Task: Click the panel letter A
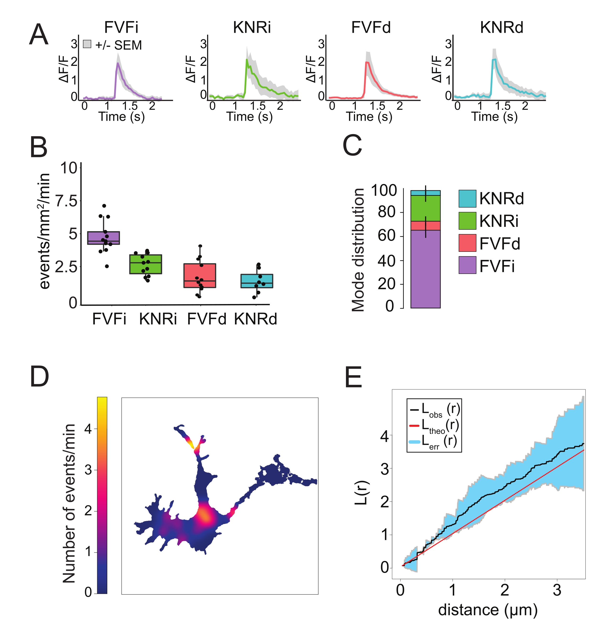[x=38, y=35]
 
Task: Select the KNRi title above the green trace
[x=252, y=27]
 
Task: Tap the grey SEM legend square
[x=87, y=44]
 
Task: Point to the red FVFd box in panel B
[x=200, y=275]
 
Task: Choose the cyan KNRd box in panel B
[x=257, y=281]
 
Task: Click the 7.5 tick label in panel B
[x=67, y=201]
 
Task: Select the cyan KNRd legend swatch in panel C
[x=467, y=198]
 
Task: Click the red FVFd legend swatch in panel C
[x=467, y=243]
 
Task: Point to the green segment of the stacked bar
[x=425, y=208]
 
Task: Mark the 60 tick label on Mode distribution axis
[x=387, y=235]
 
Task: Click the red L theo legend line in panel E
[x=414, y=426]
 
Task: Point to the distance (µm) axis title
[x=488, y=610]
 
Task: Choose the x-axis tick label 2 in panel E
[x=505, y=590]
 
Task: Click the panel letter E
[x=353, y=377]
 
